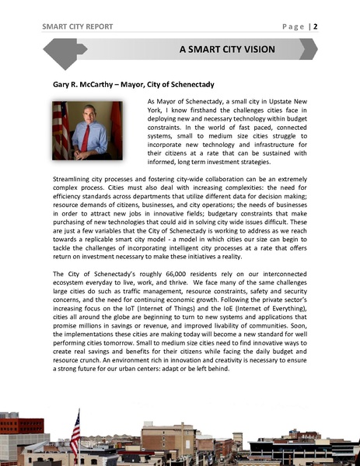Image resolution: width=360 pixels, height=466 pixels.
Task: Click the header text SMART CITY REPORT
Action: [78, 26]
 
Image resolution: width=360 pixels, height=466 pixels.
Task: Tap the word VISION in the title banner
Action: [255, 50]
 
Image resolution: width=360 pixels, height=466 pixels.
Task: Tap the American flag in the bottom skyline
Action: [75, 433]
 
